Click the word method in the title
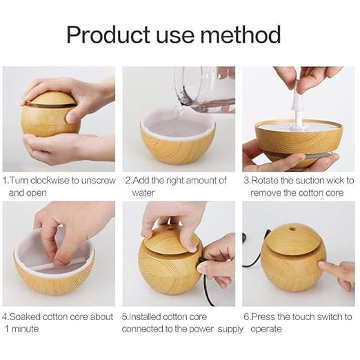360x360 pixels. coord(245,34)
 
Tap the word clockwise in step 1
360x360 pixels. coord(52,181)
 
